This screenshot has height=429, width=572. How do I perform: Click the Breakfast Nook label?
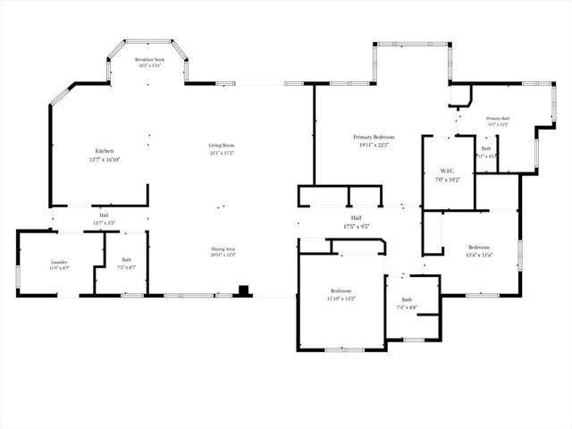147,60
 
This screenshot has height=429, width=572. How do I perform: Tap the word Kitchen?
104,150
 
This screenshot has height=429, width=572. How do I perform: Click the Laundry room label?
59,261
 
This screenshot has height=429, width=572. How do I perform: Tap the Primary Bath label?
498,118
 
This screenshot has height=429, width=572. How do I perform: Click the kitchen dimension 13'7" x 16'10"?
104,160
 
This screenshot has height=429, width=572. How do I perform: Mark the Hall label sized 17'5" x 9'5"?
356,217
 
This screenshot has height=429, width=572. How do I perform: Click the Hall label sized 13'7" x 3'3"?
104,215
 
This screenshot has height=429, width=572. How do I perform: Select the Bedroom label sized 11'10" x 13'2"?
341,291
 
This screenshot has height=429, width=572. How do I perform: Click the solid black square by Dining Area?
243,290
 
